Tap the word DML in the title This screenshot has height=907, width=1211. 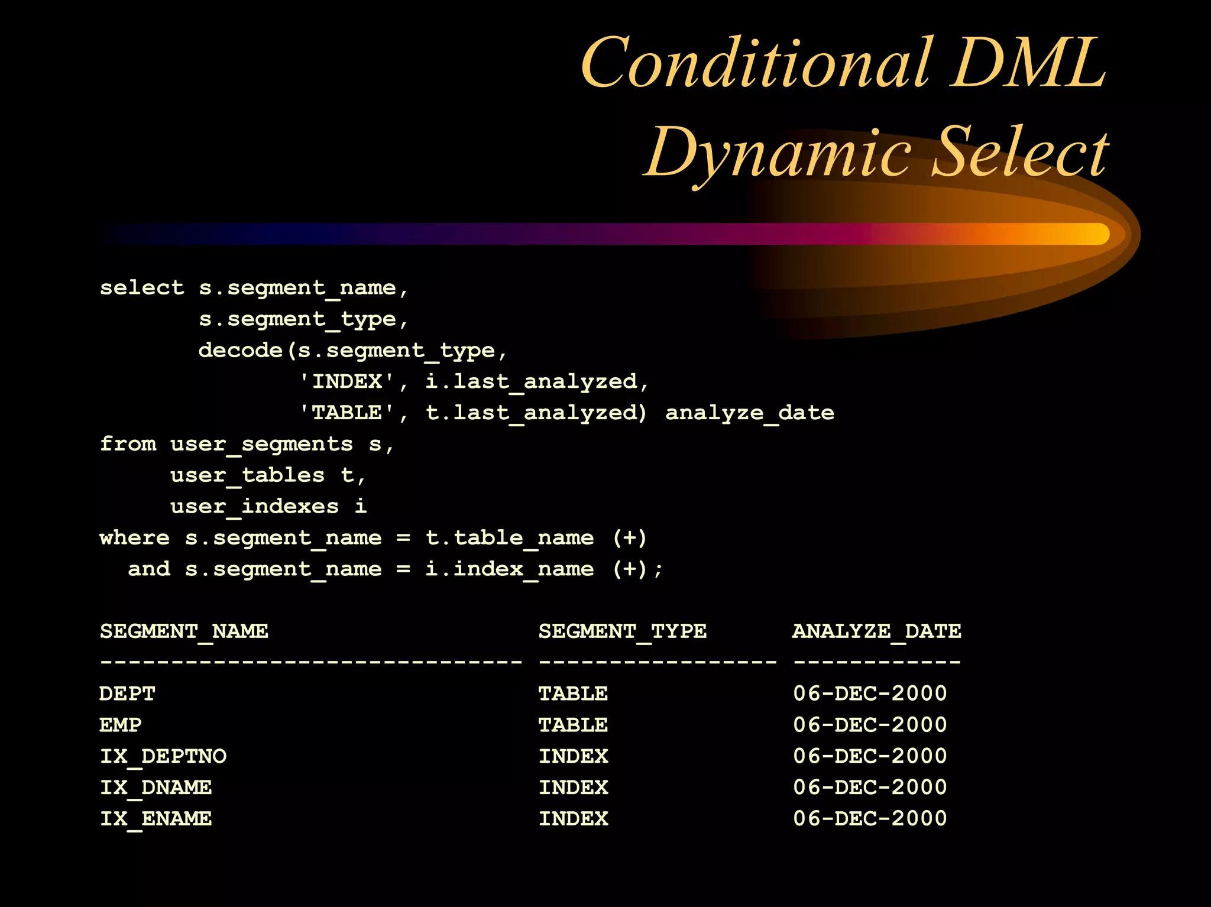pyautogui.click(x=1028, y=62)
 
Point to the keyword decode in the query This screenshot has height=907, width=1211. pyautogui.click(x=240, y=350)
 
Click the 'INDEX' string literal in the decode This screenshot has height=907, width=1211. pyautogui.click(x=347, y=381)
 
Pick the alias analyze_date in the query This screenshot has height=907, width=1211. pyautogui.click(x=749, y=413)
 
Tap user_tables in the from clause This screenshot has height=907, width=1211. pyautogui.click(x=247, y=475)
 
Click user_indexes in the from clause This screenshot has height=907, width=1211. pyautogui.click(x=254, y=507)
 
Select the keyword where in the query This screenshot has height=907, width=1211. pyautogui.click(x=134, y=538)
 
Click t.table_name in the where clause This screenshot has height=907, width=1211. pyautogui.click(x=509, y=538)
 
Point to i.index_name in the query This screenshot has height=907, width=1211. pyautogui.click(x=509, y=569)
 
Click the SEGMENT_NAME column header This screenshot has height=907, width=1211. pyautogui.click(x=184, y=631)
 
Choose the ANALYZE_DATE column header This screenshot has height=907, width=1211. pyautogui.click(x=876, y=631)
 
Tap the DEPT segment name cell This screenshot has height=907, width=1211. pyautogui.click(x=127, y=694)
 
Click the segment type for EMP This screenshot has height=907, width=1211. pyautogui.click(x=572, y=725)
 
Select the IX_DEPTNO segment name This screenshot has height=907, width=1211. pyautogui.click(x=163, y=756)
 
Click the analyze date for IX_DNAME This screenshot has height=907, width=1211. pyautogui.click(x=870, y=787)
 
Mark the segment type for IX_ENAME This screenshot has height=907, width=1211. pyautogui.click(x=572, y=818)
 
